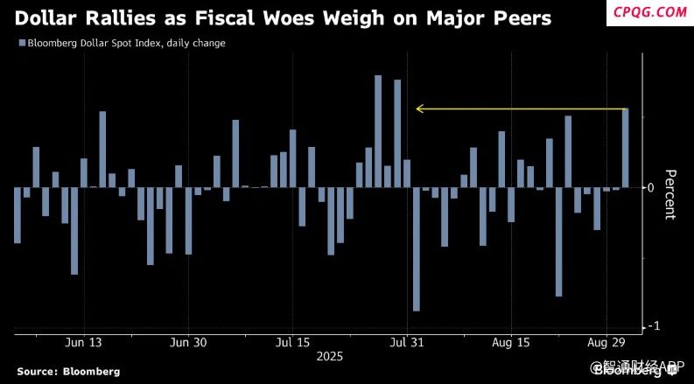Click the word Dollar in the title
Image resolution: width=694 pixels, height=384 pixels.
[x=44, y=17]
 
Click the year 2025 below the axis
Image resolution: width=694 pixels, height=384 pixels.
[x=330, y=357]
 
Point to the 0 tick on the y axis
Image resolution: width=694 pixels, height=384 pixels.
[x=650, y=188]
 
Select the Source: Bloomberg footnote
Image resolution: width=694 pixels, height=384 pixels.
[x=68, y=372]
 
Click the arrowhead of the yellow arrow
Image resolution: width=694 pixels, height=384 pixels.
[x=419, y=109]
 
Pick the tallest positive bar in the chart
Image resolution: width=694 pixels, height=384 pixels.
[x=378, y=131]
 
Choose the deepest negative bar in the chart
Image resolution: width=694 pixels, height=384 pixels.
[x=417, y=248]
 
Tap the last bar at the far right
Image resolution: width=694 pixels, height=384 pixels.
[x=625, y=148]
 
